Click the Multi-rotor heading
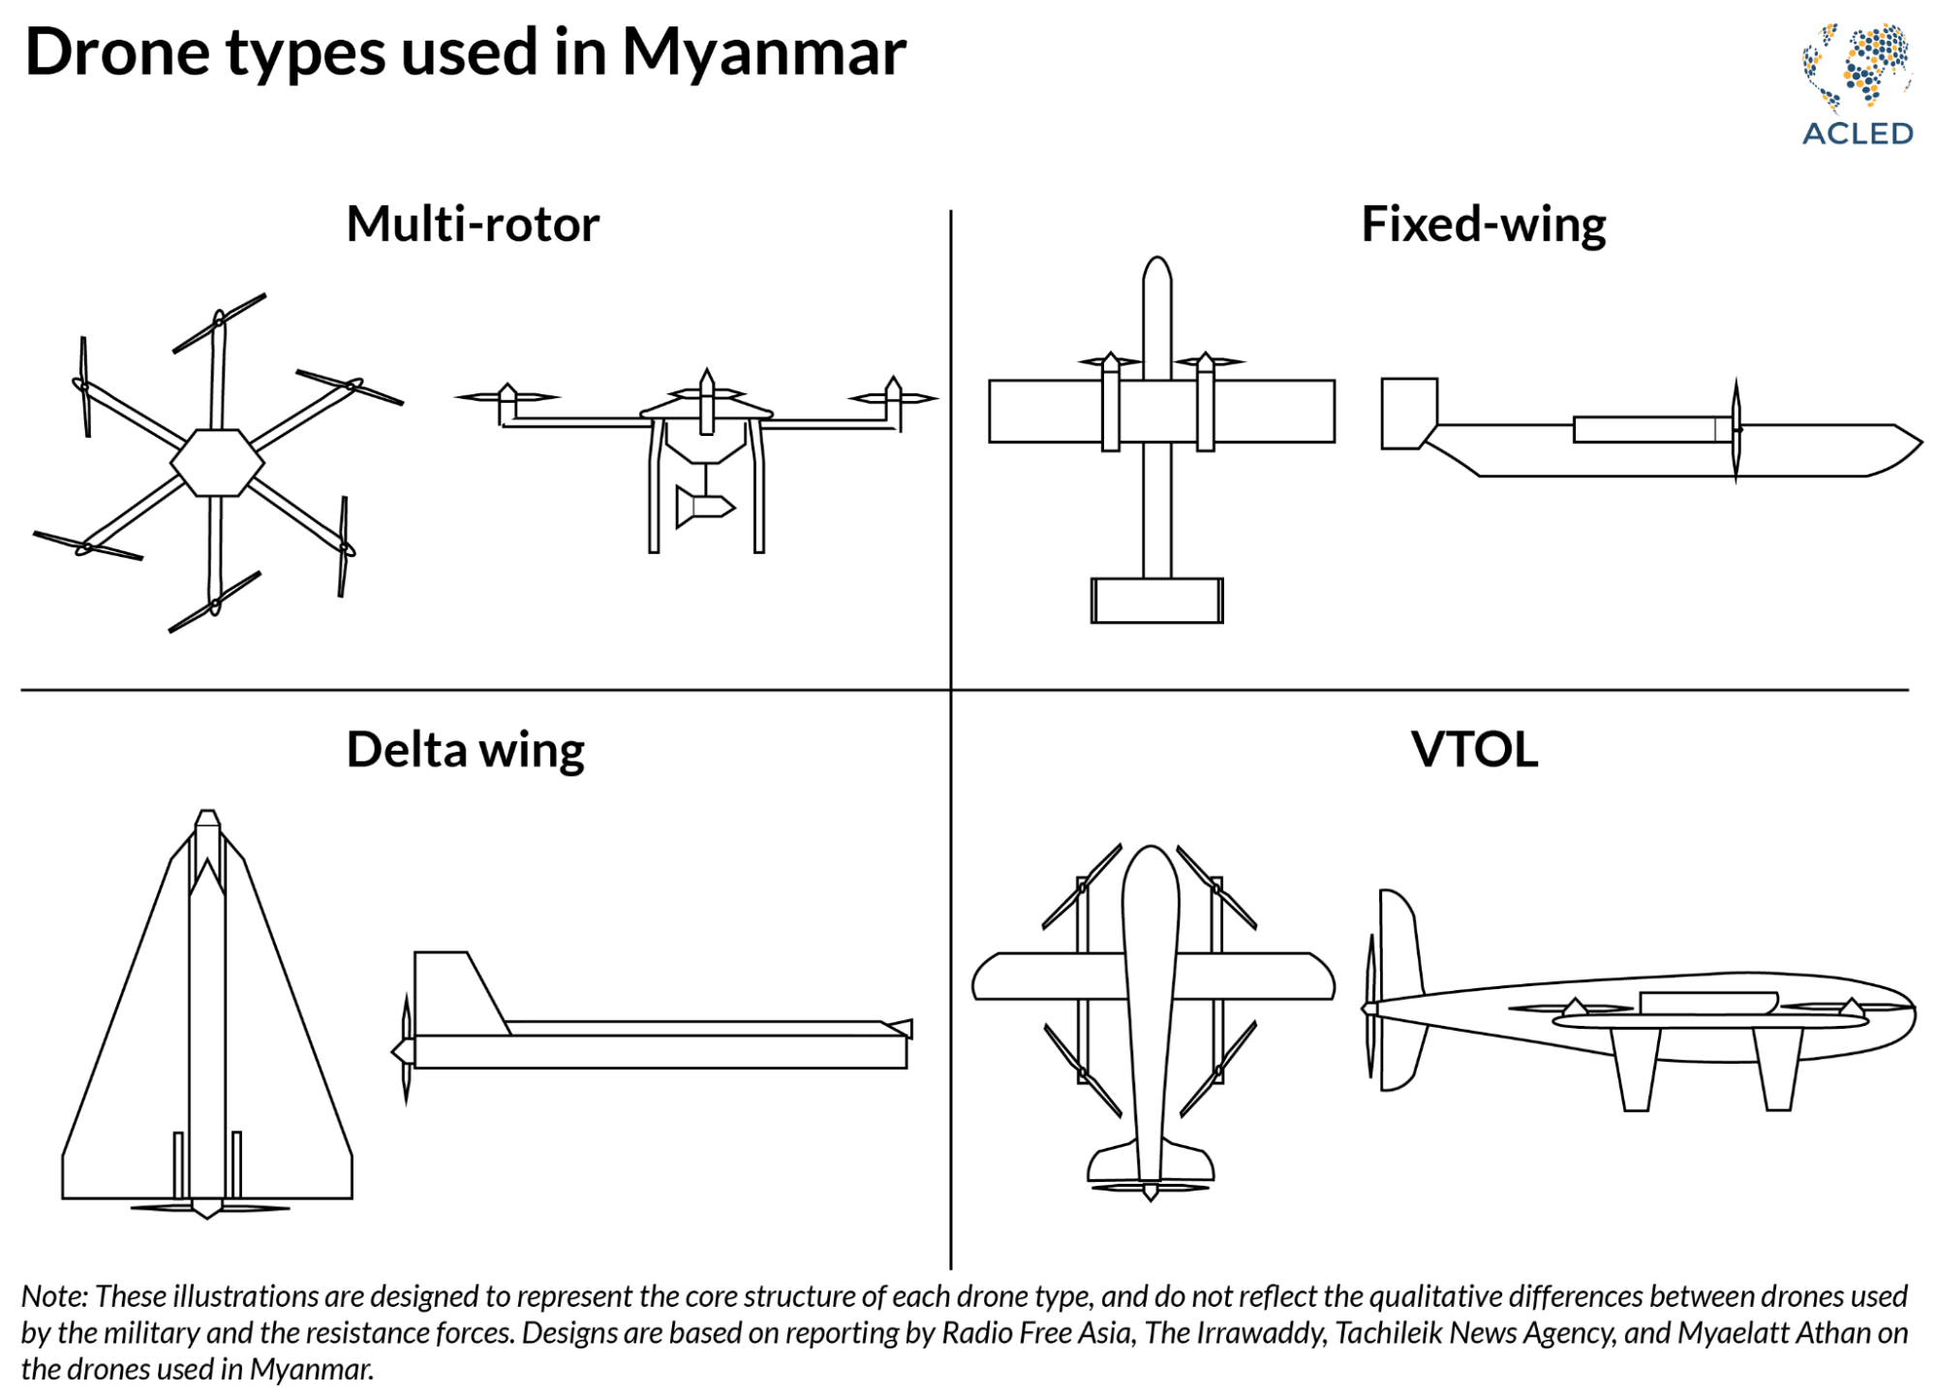coord(473,225)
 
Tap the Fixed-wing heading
coord(1483,225)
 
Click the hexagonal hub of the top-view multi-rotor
coord(217,463)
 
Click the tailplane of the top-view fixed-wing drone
coord(1156,601)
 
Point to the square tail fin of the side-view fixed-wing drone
coord(1408,413)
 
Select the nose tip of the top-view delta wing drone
coord(207,819)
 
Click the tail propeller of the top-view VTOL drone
coord(1150,1188)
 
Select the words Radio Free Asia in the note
coord(1036,1334)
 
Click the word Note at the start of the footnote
coord(54,1297)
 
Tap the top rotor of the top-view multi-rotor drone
coord(219,323)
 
